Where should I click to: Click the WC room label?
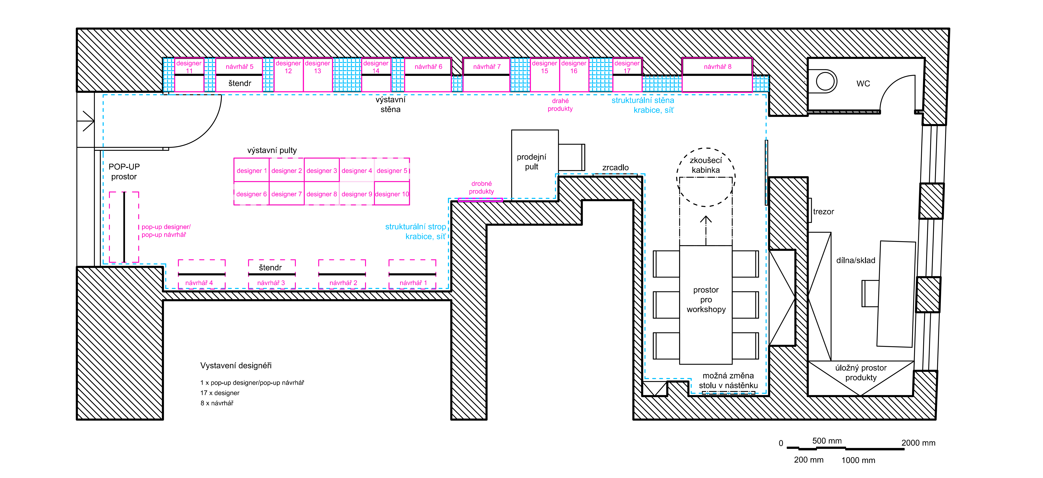[x=863, y=83]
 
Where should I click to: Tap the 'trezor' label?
[x=824, y=211]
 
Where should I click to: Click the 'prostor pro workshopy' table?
[x=706, y=305]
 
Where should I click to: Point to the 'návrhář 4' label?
[x=199, y=283]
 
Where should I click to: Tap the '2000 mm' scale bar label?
[x=918, y=443]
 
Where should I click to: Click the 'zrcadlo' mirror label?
[x=615, y=167]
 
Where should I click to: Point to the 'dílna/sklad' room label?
[x=856, y=260]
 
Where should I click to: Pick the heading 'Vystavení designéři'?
[x=236, y=365]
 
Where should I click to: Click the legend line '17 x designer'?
[x=220, y=393]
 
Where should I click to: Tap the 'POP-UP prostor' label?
[x=124, y=171]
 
